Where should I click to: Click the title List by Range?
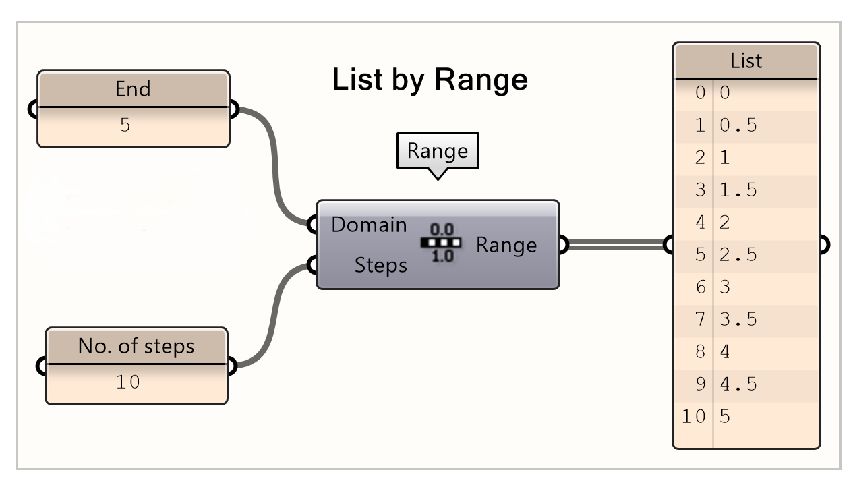pos(430,80)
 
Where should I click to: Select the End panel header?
pos(133,89)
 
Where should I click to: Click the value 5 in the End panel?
pos(125,125)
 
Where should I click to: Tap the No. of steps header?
pos(136,346)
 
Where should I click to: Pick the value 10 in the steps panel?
pos(127,382)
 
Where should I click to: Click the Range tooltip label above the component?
pos(437,150)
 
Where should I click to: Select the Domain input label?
pos(369,225)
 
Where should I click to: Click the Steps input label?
pos(381,266)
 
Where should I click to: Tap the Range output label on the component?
pos(506,245)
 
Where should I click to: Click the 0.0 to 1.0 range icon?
pos(442,243)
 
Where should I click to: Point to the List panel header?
pos(746,61)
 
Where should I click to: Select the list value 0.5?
pos(738,125)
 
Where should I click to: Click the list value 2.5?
pos(738,255)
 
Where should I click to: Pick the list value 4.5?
pos(738,384)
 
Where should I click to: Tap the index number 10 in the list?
pos(693,417)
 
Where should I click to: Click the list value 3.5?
pos(738,320)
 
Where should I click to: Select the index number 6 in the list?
pos(700,287)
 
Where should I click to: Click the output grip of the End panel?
pos(233,109)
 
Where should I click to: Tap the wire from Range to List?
pos(615,244)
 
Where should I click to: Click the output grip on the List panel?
pos(823,244)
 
